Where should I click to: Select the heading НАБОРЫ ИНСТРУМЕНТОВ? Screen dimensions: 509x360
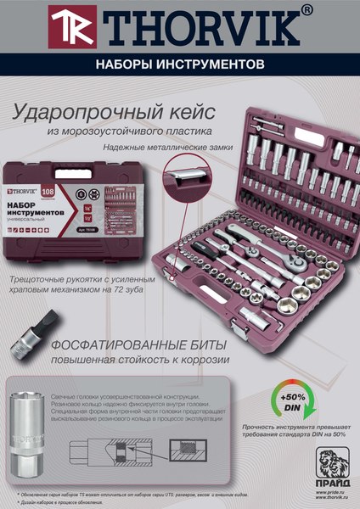(180, 64)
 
